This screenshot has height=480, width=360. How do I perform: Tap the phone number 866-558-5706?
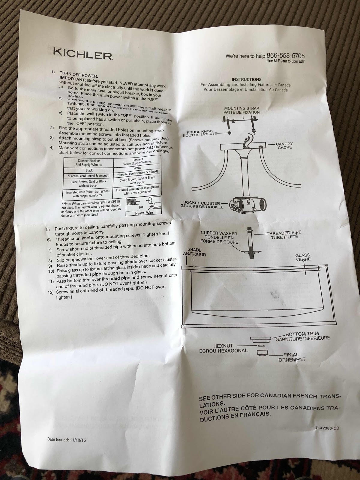pos(286,56)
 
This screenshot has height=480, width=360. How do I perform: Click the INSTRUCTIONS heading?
pos(247,79)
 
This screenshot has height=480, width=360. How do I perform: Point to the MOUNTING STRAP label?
pos(241,108)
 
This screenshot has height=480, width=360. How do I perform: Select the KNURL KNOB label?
pos(199,132)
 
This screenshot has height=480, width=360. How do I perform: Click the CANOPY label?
pos(284,144)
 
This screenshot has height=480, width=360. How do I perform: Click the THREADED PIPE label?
pos(283,232)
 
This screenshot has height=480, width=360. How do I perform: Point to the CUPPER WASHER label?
pos(219,233)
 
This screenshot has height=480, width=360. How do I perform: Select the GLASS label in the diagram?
pos(302,255)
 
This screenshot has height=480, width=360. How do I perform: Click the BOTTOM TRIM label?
pos(302,334)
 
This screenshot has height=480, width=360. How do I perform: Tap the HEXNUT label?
pos(223,346)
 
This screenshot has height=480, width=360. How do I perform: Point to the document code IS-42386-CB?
pos(327,428)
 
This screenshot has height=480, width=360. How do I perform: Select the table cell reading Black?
pos(89,170)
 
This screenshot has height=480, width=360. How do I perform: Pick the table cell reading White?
pos(137,168)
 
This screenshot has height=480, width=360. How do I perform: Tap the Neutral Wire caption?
pos(144,213)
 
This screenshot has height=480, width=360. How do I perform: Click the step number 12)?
pos(50,292)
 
